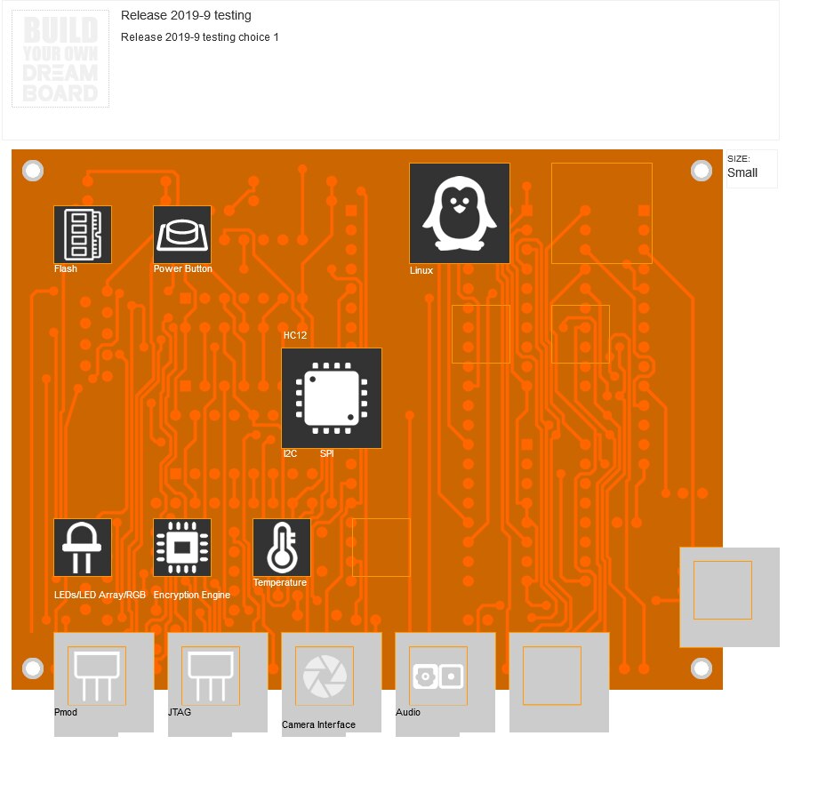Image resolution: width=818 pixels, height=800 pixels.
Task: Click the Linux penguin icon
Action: [x=459, y=213]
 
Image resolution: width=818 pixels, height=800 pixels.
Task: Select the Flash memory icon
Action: [x=83, y=235]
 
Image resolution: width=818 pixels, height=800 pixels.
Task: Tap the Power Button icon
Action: [x=182, y=235]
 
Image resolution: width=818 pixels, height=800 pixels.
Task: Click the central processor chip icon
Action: [x=332, y=398]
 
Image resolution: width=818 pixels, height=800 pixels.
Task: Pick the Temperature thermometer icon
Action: [x=282, y=548]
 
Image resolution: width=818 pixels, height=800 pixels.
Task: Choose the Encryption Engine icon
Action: [x=182, y=548]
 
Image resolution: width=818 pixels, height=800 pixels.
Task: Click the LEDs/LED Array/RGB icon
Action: [x=83, y=548]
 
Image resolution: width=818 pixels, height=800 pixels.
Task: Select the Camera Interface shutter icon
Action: [x=325, y=676]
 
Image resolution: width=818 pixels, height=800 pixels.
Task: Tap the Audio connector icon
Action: [x=438, y=676]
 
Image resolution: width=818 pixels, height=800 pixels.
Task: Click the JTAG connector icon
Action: [x=211, y=676]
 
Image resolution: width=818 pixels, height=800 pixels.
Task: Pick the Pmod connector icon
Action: [x=97, y=676]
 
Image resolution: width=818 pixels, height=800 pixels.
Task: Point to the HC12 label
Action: [x=295, y=336]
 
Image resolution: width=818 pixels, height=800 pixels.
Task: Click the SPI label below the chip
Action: [x=326, y=453]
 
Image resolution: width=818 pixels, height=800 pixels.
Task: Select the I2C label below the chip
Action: [x=290, y=453]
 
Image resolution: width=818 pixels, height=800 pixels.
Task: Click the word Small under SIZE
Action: [x=742, y=173]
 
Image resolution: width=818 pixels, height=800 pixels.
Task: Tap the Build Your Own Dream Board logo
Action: [x=60, y=60]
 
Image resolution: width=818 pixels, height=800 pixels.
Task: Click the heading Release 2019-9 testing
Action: [x=186, y=15]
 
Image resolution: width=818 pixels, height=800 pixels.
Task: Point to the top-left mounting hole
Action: [x=33, y=171]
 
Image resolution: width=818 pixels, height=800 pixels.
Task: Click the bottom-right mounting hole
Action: [x=702, y=668]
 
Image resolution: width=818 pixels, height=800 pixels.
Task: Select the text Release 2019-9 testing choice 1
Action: [x=200, y=37]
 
